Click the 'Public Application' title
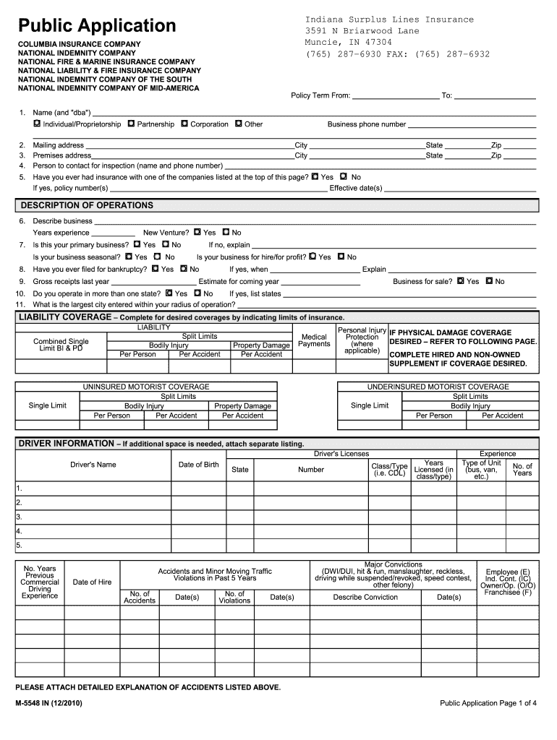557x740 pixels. coord(97,26)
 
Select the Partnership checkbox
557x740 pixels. coord(131,124)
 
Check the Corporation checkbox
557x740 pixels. coord(184,124)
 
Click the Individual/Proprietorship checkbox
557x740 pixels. coord(37,124)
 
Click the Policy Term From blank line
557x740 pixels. coord(395,95)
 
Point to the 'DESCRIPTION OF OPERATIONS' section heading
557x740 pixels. coord(86,205)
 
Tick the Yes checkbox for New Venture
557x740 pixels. coord(197,233)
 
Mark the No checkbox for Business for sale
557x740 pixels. coord(489,281)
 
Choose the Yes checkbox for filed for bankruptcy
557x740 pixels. coord(155,269)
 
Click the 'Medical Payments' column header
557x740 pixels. coord(314,340)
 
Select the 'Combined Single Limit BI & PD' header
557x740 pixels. coord(61,345)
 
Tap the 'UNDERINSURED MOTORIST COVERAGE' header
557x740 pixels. coord(438,387)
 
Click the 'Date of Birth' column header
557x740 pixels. coord(198,465)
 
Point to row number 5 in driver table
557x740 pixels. coord(20,545)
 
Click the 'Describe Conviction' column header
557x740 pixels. coord(365,597)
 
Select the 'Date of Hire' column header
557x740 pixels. coord(92,582)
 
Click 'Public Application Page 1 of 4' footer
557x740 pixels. coord(488,703)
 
